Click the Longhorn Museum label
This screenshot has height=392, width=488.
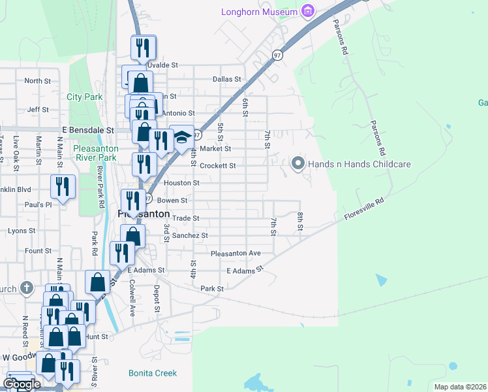[258, 11]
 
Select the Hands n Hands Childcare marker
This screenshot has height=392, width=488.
[298, 164]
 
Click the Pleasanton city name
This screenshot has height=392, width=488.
[144, 214]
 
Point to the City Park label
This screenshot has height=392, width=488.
[85, 97]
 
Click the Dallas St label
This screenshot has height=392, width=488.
[227, 79]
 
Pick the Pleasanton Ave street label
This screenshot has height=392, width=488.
[236, 253]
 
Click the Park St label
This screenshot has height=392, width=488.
[212, 288]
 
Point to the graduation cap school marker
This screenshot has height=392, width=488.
[182, 138]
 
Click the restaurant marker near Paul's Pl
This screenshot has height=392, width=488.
[63, 188]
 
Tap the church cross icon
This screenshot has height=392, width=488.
[26, 287]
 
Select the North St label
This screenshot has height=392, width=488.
[37, 81]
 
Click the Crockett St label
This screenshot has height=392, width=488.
[217, 166]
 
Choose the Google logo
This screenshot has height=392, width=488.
[21, 384]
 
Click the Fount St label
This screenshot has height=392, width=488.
[38, 251]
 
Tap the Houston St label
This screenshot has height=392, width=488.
[176, 184]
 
